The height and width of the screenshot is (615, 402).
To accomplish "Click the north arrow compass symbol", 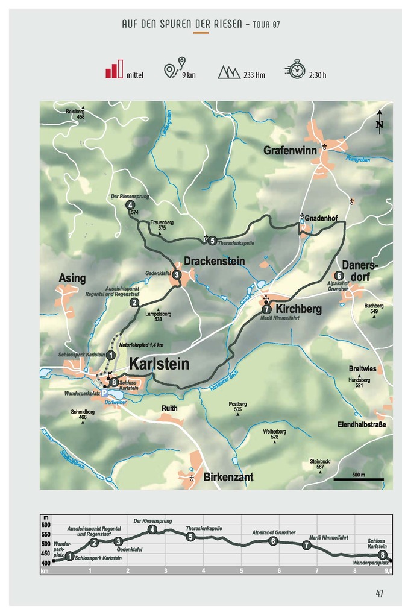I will point(379,122).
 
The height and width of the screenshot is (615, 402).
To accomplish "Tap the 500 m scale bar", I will point(359,479).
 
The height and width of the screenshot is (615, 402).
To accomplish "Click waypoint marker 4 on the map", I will point(130,205).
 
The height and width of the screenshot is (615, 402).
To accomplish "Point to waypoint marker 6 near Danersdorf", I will point(339,276).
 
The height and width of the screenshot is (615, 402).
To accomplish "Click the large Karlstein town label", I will point(159,364).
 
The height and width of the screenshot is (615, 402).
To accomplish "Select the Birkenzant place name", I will point(228,477).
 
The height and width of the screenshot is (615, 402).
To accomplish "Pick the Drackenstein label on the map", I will point(214,261).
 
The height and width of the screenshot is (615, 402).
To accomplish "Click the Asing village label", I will point(72,278).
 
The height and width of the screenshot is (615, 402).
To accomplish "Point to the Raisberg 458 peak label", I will point(75,113).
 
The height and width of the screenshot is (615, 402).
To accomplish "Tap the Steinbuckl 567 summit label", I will point(320,464).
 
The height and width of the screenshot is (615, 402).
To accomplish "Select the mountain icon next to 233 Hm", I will point(228,72).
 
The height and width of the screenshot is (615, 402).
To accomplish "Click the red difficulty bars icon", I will point(114,69).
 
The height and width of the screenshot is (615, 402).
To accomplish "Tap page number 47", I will point(379,593).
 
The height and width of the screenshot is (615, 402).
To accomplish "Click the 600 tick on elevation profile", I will point(46,525).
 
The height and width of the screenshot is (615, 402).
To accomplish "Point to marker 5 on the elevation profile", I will point(190,537).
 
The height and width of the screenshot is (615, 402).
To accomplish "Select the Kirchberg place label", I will point(298,309).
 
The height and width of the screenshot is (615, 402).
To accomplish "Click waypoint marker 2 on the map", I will point(134,303).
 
